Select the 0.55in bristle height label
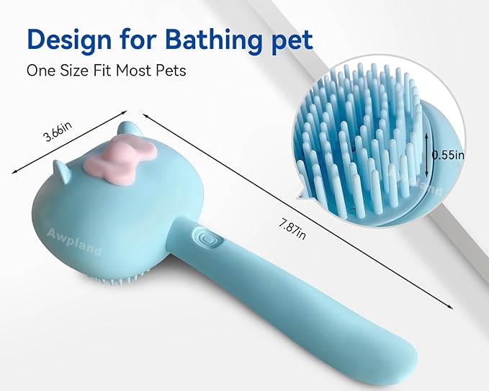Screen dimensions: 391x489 pos(449,154)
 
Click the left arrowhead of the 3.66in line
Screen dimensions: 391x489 pos(13,171)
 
